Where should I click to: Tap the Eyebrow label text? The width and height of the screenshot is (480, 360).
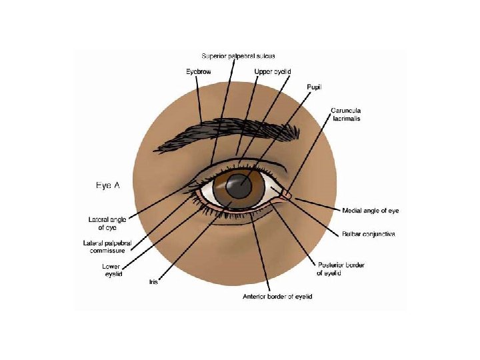199,71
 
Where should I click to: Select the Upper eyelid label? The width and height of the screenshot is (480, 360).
273,71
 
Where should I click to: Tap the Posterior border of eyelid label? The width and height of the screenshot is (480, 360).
340,269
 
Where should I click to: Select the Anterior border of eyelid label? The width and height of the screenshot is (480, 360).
277,296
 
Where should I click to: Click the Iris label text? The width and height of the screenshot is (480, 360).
153,281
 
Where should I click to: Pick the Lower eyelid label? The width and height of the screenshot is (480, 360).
111,269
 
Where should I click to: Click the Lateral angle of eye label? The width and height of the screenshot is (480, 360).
107,223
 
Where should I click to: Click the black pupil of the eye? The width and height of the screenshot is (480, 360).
239,187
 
